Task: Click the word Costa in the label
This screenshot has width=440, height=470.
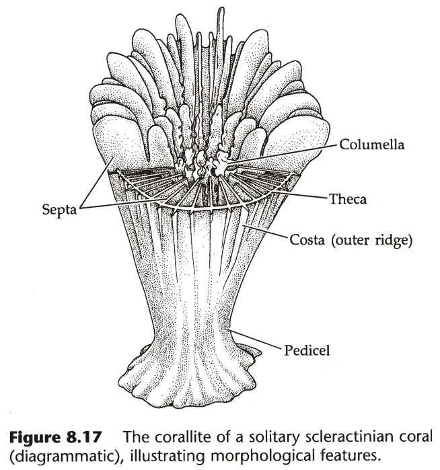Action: coord(306,239)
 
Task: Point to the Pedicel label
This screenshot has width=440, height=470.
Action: coord(303,349)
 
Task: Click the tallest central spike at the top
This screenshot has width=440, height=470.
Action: coord(220,27)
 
